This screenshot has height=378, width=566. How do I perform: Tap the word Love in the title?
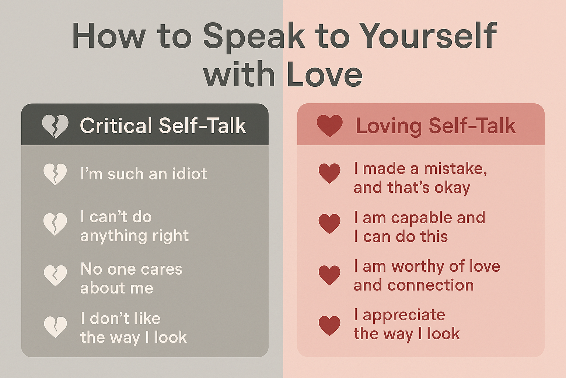[325, 74]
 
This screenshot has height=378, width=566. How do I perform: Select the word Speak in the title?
[254, 38]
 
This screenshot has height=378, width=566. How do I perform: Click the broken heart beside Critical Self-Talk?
[55, 127]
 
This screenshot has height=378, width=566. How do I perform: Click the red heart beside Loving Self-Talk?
[330, 126]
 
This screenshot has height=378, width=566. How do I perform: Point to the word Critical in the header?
[116, 126]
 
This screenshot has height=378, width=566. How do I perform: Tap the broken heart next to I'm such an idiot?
[55, 175]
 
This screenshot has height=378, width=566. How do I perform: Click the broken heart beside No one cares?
[55, 275]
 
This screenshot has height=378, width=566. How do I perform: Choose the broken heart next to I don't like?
[55, 327]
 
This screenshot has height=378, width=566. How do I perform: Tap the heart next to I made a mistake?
[329, 173]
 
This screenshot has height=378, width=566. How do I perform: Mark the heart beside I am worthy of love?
[329, 275]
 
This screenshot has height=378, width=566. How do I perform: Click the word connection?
[430, 285]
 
